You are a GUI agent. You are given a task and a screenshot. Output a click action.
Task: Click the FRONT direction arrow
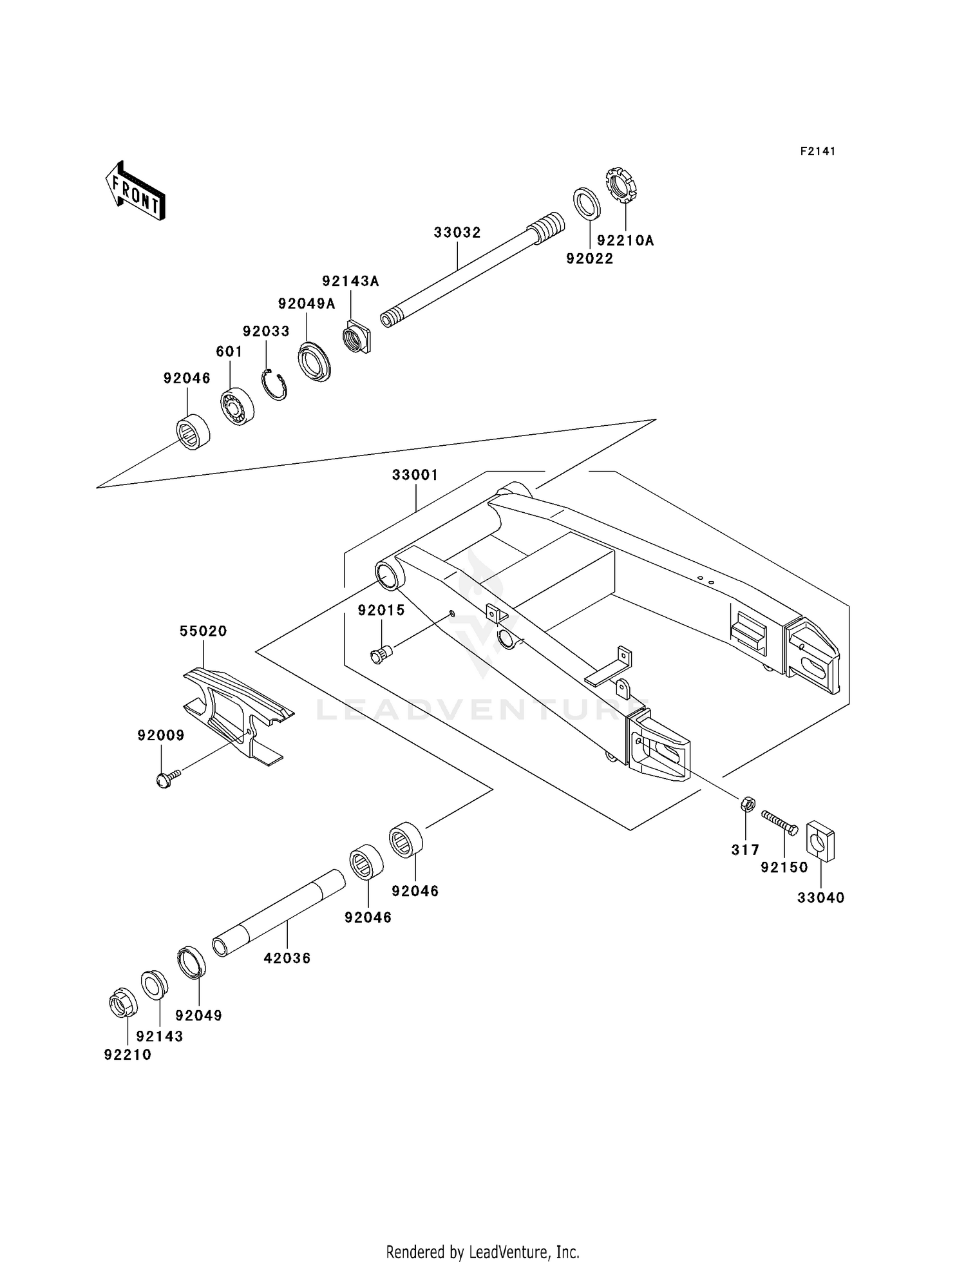pos(136,191)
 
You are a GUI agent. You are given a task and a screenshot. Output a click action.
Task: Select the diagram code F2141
pos(817,151)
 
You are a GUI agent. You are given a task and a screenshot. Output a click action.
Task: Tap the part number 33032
pos(457,233)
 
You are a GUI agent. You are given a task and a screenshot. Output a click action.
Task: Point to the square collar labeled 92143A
pos(357,337)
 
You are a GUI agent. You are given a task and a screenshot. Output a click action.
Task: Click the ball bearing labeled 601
pos(237,407)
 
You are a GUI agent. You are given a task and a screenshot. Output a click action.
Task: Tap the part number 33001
pos(415,475)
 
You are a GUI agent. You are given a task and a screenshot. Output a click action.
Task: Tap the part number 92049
pos(198,1015)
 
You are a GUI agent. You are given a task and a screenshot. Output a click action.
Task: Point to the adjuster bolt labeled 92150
pos(779,821)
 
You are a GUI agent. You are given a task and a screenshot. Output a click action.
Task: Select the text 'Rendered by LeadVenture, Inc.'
pos(482,1252)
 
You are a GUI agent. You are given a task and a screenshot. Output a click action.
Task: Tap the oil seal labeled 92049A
pos(315,363)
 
